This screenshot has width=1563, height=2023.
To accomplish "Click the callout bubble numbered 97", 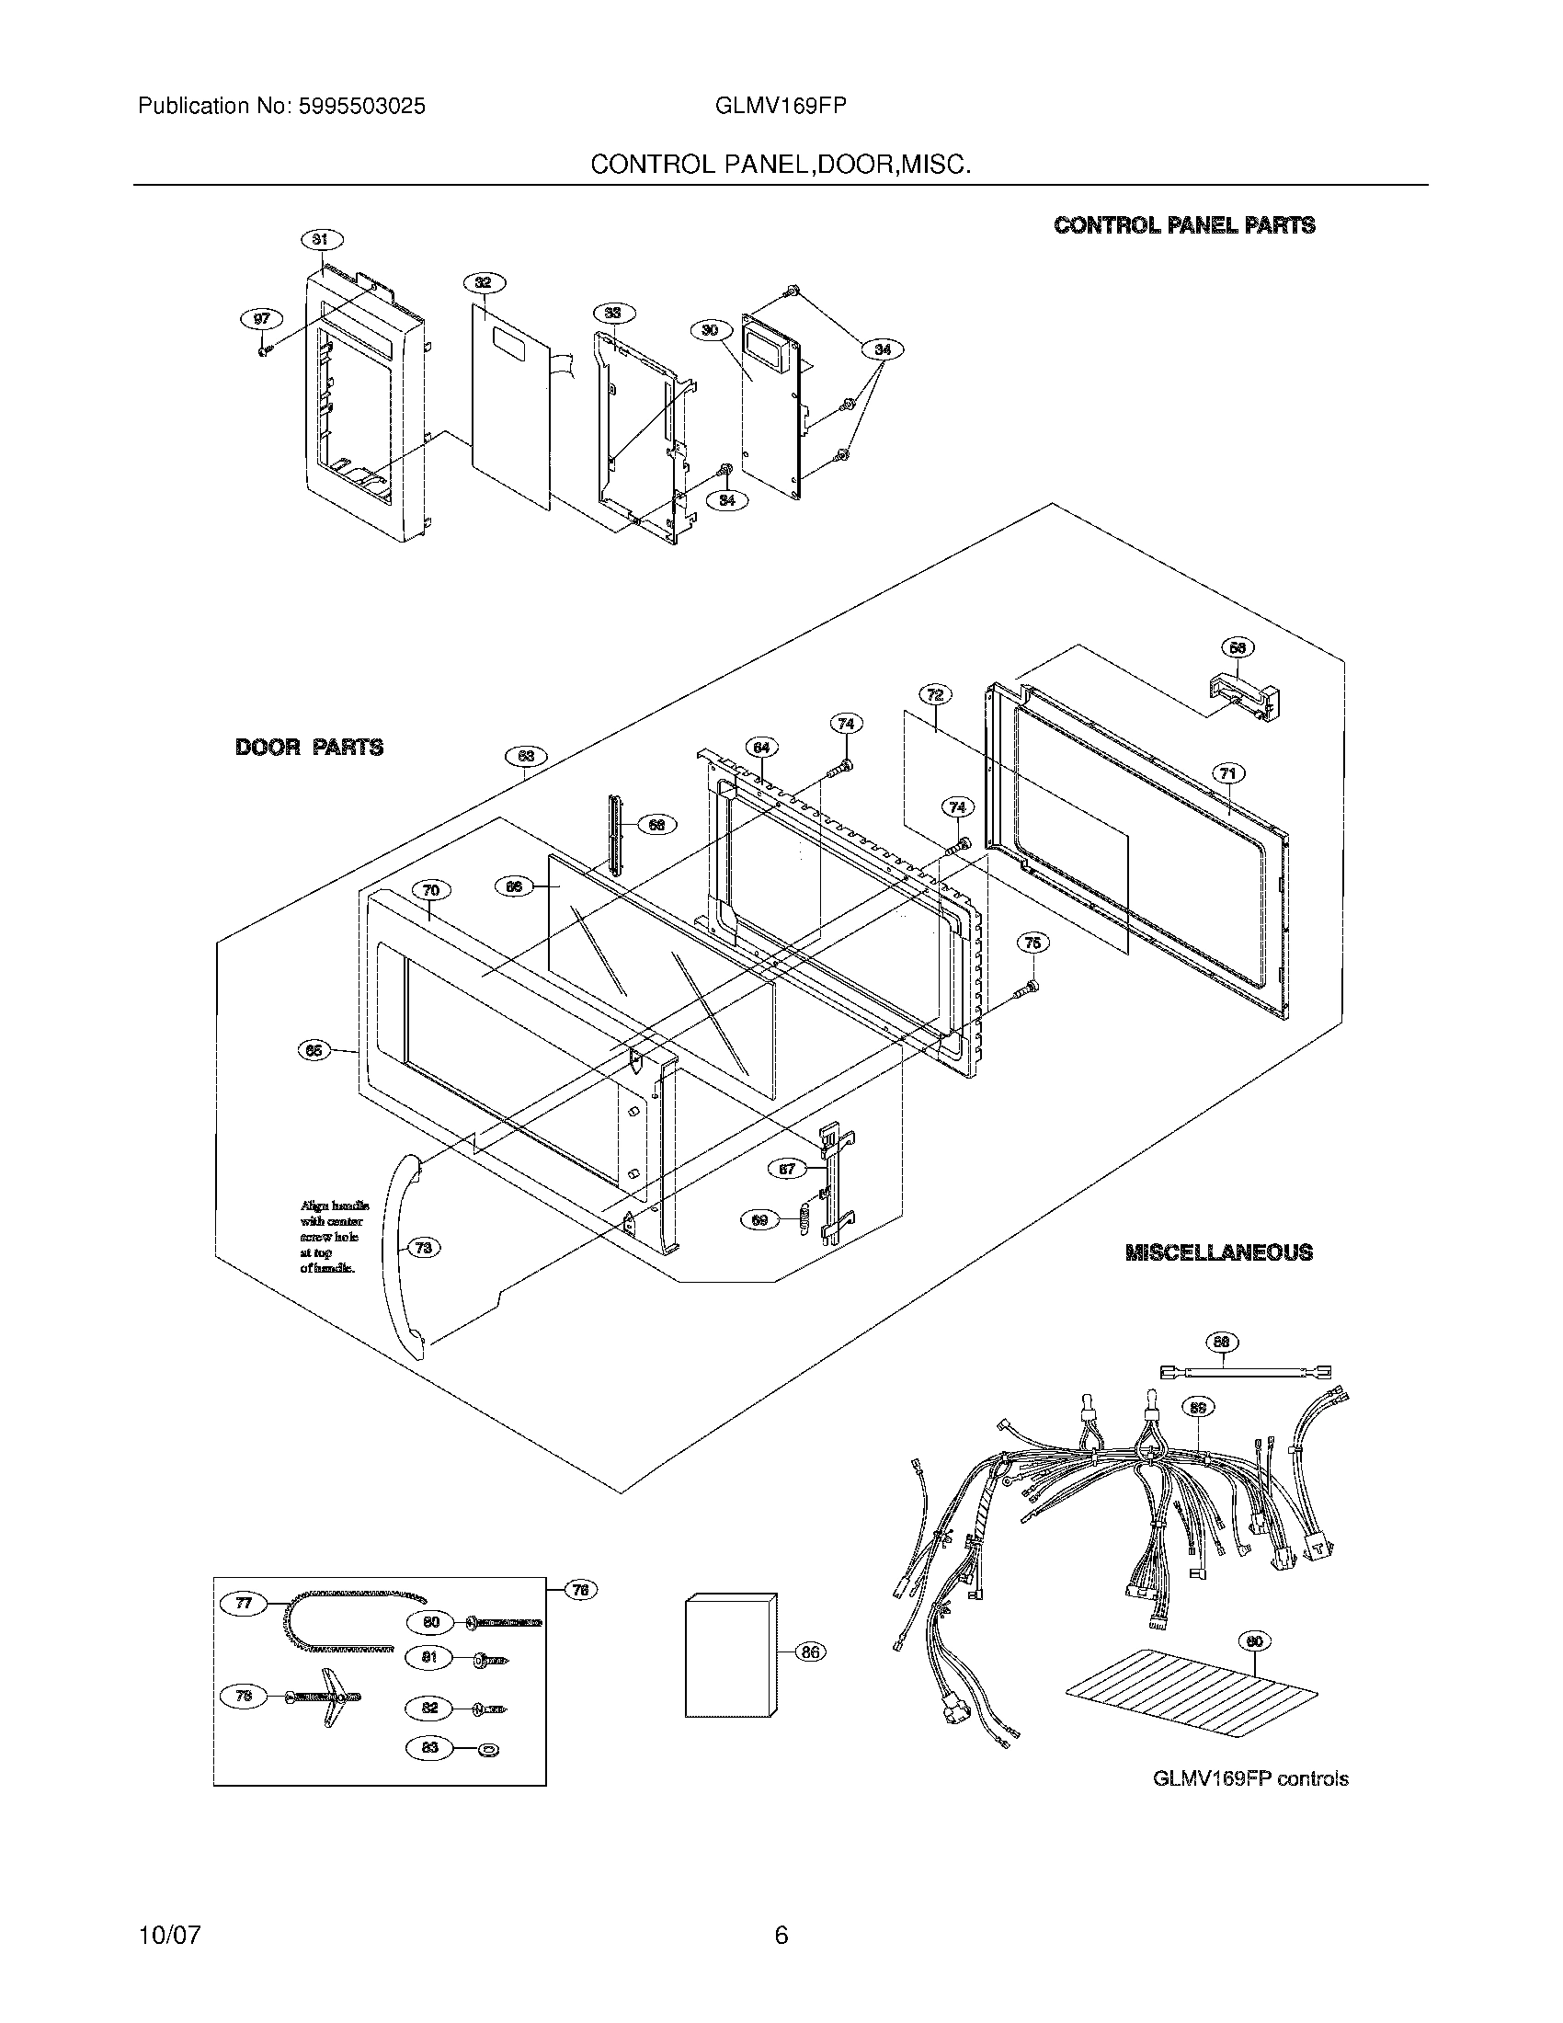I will tap(262, 319).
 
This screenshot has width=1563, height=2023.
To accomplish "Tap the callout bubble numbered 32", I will tap(483, 283).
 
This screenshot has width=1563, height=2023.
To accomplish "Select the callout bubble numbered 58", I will tap(1236, 648).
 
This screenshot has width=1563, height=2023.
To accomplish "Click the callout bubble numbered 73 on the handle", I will tap(423, 1248).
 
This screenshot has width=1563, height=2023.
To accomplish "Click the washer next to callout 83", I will tap(487, 1749).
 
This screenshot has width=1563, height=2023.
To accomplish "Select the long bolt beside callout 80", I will tap(505, 1622).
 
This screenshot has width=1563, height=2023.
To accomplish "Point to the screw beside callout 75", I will tap(1029, 989).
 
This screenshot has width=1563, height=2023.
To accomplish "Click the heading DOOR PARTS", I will tap(309, 748).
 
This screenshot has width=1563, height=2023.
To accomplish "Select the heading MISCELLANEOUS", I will tap(1218, 1252).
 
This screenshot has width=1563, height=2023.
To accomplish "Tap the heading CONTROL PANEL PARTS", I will tap(1184, 225).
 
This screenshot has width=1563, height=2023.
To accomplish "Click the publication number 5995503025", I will tap(362, 107).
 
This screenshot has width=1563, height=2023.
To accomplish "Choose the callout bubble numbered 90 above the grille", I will tap(1254, 1641).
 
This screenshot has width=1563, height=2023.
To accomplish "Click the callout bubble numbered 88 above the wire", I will tap(1222, 1343).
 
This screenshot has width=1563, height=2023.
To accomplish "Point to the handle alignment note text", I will tap(334, 1237).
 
